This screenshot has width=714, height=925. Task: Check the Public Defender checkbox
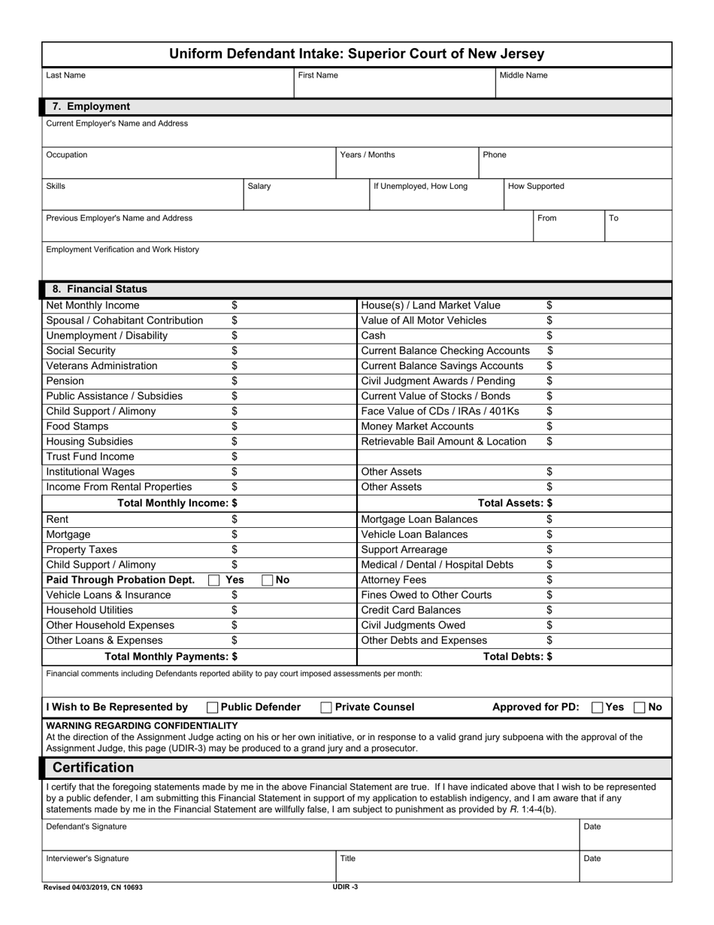213,707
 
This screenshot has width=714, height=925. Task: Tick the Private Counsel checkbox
326,707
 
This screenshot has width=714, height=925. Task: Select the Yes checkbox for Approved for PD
598,707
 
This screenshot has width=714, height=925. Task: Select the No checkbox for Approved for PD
640,707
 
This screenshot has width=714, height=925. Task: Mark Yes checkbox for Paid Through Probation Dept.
213,580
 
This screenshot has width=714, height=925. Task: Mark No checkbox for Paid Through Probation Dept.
268,580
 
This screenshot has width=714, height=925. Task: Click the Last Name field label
65,75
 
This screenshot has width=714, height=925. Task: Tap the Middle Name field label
523,75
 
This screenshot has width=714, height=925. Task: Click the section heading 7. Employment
91,107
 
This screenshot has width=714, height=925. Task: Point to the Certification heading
93,767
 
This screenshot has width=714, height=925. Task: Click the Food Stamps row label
77,426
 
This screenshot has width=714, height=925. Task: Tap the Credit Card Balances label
411,610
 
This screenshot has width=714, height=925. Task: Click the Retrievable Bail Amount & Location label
443,441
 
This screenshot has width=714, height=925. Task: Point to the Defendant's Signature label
86,826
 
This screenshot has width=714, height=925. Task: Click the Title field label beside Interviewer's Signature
348,858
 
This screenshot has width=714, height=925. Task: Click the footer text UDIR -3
345,887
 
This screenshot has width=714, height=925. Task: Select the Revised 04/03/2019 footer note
93,887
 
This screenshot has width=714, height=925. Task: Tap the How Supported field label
536,186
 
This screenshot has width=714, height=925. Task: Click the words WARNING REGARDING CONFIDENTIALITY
142,726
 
